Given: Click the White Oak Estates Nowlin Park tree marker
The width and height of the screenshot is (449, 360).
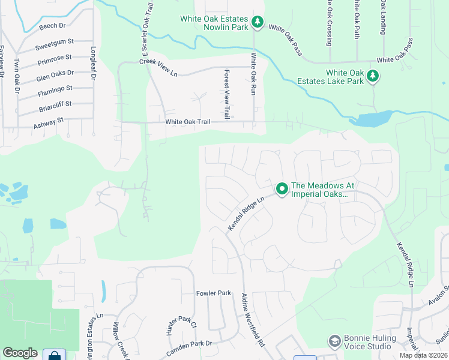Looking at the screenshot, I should point(258,22).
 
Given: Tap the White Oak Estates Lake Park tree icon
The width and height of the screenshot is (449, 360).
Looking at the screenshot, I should point(373,76).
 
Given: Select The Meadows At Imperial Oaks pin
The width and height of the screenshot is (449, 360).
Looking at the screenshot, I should point(282,189).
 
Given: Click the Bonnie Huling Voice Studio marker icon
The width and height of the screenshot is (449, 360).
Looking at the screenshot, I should point(334,341).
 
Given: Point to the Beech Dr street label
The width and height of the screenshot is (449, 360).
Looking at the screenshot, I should point(53,26).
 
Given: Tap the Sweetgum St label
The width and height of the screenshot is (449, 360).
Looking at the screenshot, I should point(54,44).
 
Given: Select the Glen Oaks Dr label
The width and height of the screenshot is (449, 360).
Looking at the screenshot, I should point(55,75).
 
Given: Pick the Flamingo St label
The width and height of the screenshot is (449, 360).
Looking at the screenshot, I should point(55,90).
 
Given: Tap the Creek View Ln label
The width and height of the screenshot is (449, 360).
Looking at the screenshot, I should point(158,68).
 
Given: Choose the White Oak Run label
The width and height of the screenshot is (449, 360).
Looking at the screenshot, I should point(254,74).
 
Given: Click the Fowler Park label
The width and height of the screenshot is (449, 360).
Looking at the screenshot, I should point(214,293).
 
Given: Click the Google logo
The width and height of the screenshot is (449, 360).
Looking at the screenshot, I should point(20,353).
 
